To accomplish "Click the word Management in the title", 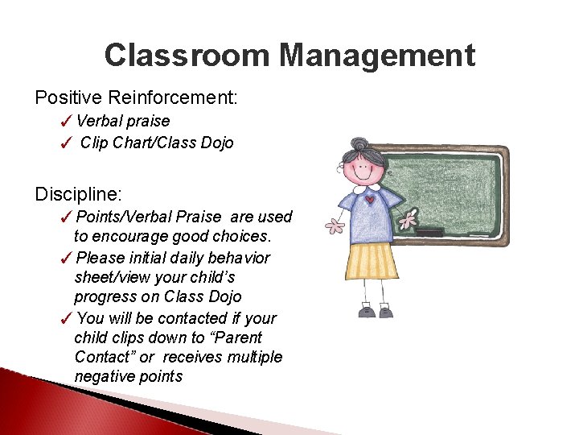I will pyautogui.click(x=377, y=56).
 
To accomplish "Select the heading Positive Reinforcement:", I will pyautogui.click(x=136, y=97).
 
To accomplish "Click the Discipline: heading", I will pyautogui.click(x=78, y=194).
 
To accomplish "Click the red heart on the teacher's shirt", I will pyautogui.click(x=369, y=199).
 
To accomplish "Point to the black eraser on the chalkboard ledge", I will pyautogui.click(x=429, y=232).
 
